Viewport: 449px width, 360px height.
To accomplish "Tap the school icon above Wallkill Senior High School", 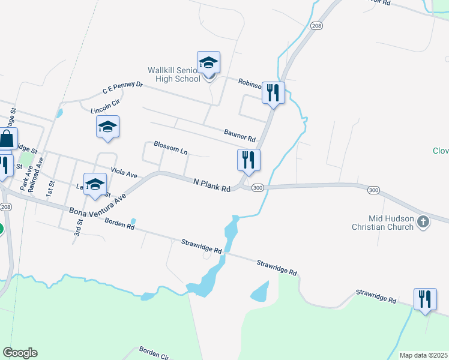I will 208,62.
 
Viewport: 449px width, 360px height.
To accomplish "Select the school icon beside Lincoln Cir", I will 107,127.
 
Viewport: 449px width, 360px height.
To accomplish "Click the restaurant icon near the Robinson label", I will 273,93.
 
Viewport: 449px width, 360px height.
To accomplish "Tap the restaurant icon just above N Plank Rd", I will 249,160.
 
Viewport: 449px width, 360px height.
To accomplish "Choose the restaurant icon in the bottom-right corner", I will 425,299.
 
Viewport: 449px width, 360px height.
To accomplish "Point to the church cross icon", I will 423,222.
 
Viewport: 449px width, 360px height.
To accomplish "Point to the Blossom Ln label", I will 170,148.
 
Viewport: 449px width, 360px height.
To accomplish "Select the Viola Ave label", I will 124,173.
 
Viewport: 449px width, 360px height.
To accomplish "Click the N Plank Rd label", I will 212,185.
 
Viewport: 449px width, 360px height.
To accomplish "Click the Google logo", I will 20,353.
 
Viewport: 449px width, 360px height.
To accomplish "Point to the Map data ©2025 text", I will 423,355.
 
